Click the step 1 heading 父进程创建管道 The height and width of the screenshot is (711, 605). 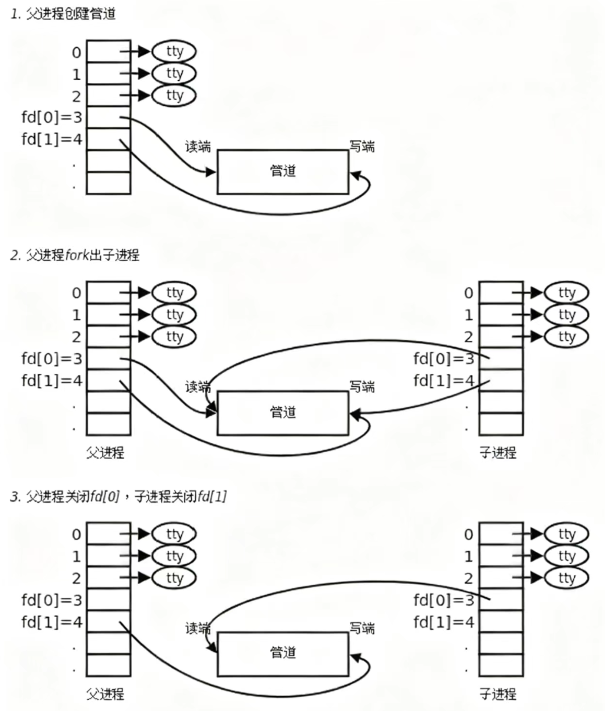(64, 14)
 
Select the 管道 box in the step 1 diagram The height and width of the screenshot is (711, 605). (283, 171)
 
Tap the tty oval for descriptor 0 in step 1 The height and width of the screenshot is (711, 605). (174, 52)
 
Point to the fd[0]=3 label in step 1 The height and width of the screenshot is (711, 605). (52, 118)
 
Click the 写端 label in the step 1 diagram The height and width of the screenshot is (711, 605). (362, 147)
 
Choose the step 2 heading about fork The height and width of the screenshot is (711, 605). (75, 255)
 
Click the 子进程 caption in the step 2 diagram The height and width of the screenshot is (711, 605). (497, 453)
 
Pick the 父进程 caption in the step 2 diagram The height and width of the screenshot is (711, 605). (105, 453)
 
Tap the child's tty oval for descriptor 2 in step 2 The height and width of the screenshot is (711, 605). (567, 337)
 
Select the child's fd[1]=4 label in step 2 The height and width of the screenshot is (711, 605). (444, 380)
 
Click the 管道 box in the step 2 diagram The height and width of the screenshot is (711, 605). (283, 412)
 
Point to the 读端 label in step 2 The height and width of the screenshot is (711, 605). (198, 387)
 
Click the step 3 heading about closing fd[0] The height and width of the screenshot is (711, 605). (118, 497)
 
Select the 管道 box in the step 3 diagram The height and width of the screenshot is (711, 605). (283, 653)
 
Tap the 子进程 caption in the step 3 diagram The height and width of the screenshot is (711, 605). (497, 694)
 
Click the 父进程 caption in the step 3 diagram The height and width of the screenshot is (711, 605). (105, 694)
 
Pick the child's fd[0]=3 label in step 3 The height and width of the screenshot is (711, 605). (444, 600)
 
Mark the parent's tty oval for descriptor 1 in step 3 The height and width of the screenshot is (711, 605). (174, 556)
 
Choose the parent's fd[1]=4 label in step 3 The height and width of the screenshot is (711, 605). (52, 622)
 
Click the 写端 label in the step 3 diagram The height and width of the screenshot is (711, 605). (362, 629)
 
